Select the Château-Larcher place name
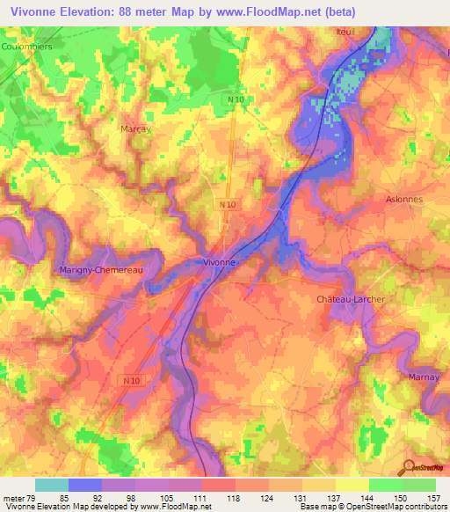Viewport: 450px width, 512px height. tap(350, 300)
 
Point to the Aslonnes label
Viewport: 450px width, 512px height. tap(404, 200)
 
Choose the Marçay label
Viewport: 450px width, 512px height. tap(134, 128)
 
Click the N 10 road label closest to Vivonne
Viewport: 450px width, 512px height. tap(228, 205)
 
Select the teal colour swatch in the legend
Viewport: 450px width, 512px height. tap(51, 485)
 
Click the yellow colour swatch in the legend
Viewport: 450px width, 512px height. tap(352, 485)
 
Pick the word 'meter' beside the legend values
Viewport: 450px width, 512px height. tap(14, 497)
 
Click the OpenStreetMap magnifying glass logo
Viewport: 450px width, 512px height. tap(406, 467)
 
